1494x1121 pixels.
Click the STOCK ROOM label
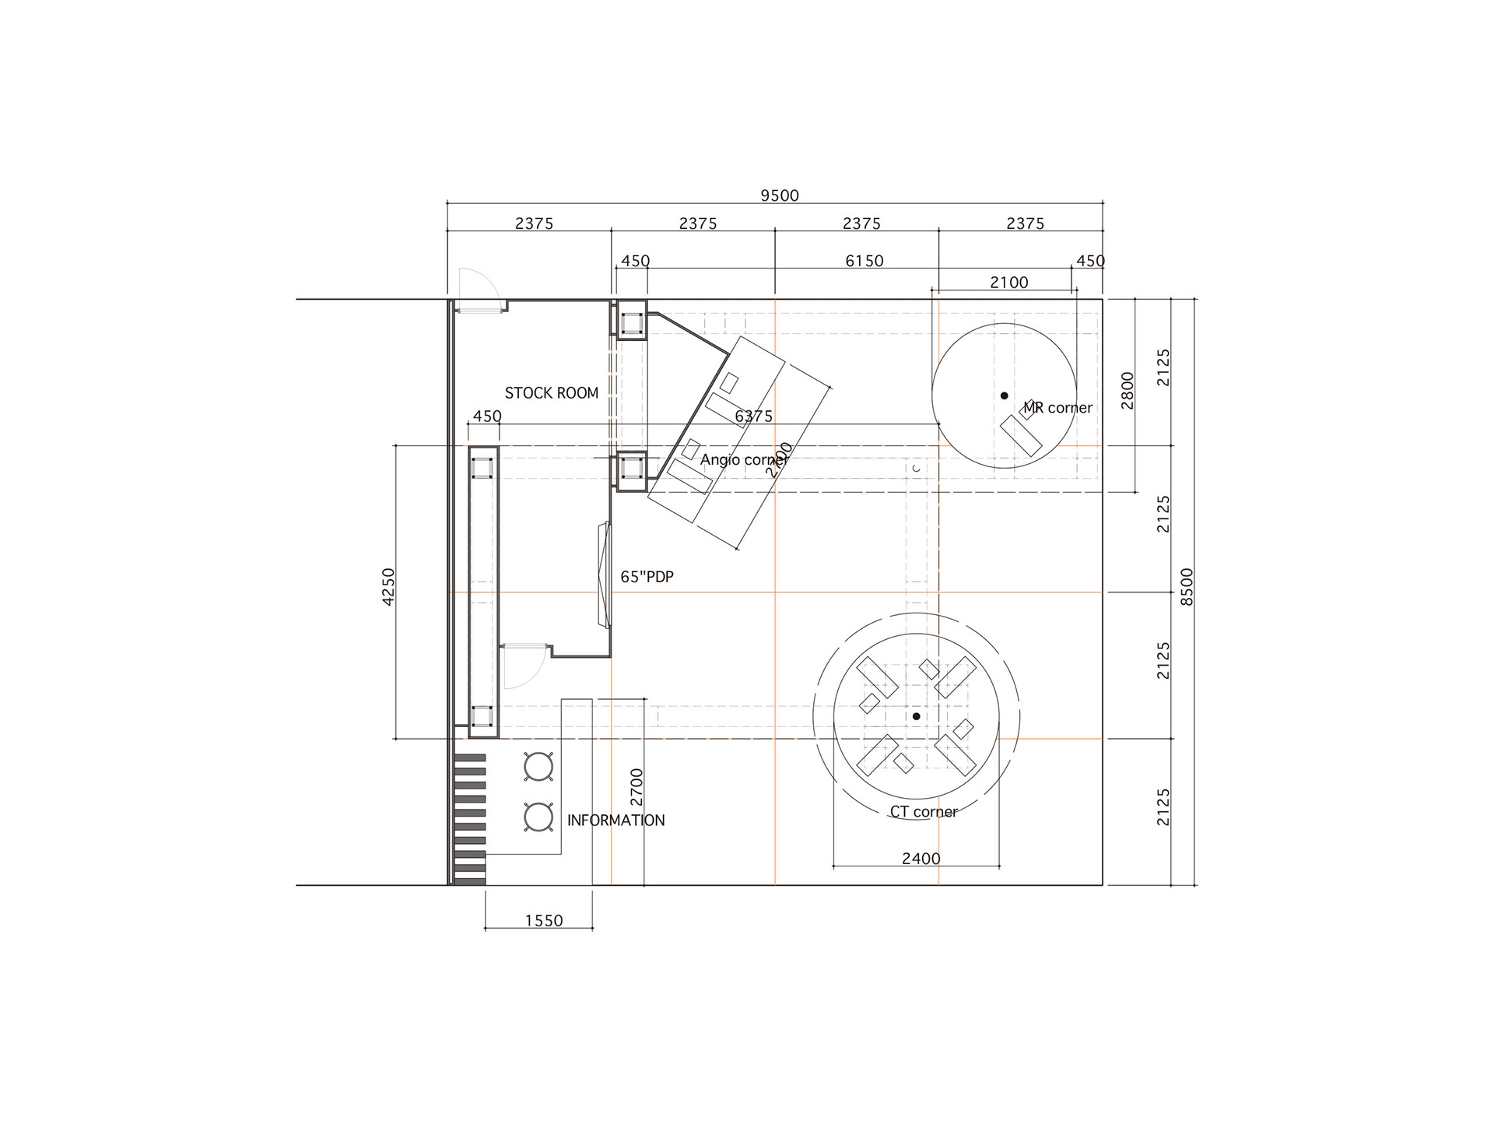click(x=552, y=393)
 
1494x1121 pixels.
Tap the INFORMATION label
click(x=616, y=821)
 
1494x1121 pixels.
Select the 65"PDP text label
click(x=647, y=577)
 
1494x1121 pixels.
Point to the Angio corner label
click(x=744, y=459)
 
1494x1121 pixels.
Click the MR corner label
click(x=1057, y=407)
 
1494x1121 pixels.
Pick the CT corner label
click(x=924, y=812)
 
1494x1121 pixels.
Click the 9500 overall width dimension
click(x=780, y=195)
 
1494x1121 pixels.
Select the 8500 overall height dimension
click(x=1187, y=588)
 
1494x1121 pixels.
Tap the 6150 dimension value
click(x=864, y=261)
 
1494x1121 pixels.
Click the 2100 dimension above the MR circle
click(x=1009, y=283)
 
